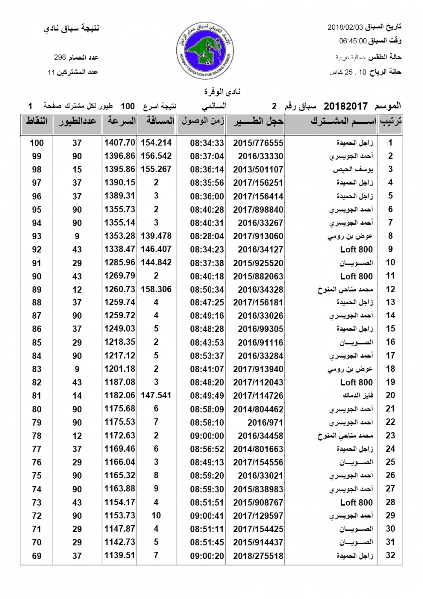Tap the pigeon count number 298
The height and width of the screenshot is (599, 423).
click(x=60, y=58)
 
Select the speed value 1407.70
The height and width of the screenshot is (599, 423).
click(x=120, y=142)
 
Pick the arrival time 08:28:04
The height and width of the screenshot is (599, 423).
click(x=207, y=236)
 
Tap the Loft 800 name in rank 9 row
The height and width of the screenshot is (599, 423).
click(x=356, y=250)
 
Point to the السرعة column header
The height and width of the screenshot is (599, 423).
click(x=120, y=121)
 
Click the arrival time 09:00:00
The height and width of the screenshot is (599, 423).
click(x=207, y=436)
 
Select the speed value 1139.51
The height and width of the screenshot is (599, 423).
click(x=120, y=555)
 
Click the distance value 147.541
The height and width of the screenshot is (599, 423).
click(x=156, y=396)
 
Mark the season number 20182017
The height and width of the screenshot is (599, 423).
click(x=346, y=106)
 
